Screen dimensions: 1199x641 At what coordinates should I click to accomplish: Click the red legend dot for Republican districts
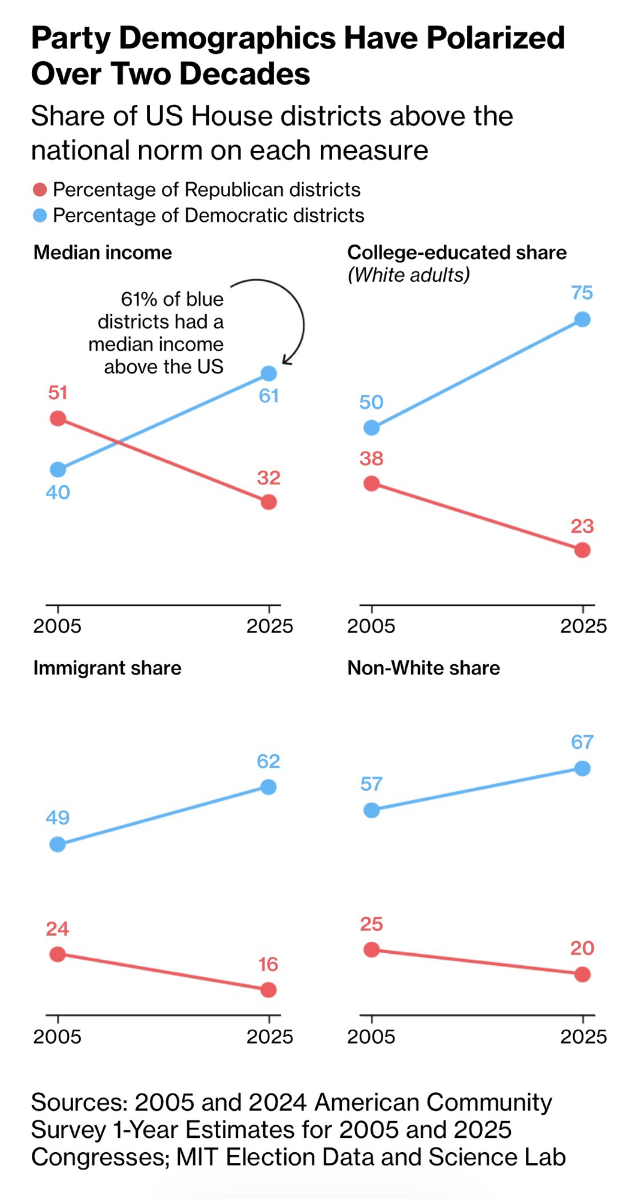40,190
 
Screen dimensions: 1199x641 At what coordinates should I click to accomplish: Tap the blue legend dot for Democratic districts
40,215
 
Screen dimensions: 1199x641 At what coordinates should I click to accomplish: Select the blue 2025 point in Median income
269,373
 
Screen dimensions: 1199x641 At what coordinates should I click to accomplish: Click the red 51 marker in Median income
58,418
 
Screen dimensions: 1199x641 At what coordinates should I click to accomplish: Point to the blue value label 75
582,293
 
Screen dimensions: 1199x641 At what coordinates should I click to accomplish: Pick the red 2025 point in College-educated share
582,550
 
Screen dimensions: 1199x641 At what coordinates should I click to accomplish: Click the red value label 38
371,459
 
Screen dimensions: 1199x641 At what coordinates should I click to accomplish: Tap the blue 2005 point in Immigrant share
58,845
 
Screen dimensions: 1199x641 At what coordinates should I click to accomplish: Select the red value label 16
268,964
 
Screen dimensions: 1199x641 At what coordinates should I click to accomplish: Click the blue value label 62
268,761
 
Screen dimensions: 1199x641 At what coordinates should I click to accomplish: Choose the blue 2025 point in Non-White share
582,769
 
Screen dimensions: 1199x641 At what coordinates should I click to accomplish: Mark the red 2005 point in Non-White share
372,950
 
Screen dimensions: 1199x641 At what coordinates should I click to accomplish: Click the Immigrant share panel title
107,668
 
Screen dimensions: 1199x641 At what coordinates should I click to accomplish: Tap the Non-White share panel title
423,668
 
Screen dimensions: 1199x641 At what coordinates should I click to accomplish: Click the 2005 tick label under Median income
57,626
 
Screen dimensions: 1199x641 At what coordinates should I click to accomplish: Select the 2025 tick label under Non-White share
583,1037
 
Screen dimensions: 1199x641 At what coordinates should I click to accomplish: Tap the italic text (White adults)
408,275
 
